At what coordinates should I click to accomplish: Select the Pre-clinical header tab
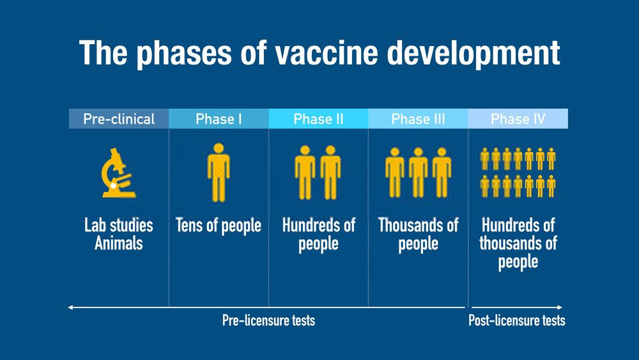pos(119,119)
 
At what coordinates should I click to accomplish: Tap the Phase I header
pos(219,119)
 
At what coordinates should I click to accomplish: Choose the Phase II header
pos(318,119)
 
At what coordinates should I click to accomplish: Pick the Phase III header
pos(418,119)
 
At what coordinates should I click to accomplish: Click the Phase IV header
pos(518,119)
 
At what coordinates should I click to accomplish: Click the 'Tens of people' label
pos(219,226)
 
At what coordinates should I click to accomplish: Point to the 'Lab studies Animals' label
pos(119,235)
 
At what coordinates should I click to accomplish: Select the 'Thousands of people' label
pos(418,235)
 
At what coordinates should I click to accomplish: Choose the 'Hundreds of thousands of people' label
pos(518,244)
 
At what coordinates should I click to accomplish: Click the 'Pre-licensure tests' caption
pos(268,320)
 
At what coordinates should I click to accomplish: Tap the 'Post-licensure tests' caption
pos(517,320)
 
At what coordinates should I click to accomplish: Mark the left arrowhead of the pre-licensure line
pos(70,308)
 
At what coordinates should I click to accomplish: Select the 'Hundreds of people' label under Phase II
pos(318,235)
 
